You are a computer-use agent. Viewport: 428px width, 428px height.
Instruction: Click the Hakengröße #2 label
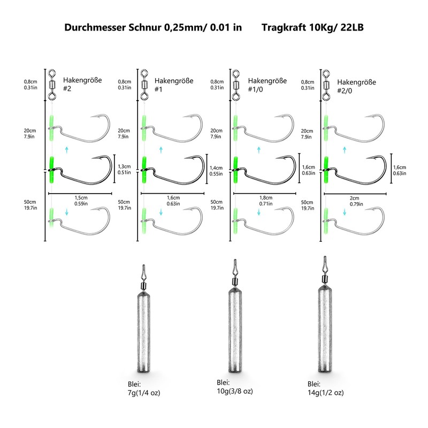pos(82,84)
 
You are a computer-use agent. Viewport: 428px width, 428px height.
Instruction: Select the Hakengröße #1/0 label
pos(267,85)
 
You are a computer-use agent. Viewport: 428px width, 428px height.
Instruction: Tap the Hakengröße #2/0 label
pos(356,86)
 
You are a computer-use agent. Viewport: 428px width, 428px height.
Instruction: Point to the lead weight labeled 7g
pos(143,319)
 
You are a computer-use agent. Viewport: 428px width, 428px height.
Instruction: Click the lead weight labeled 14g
pos(325,314)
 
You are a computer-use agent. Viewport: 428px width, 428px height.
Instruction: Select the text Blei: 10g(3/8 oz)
pos(235,387)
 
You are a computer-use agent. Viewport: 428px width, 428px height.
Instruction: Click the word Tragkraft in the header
pos(284,28)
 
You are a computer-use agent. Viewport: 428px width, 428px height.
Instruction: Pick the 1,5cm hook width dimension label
pos(81,200)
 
